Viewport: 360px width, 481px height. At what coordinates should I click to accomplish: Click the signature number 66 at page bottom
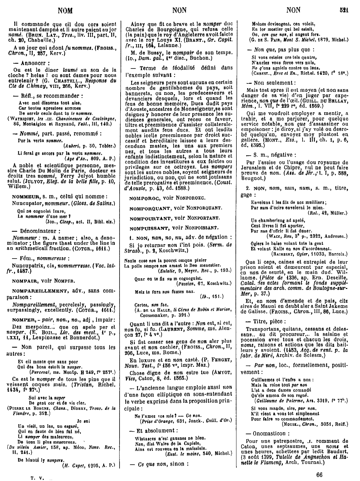tap(320, 474)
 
